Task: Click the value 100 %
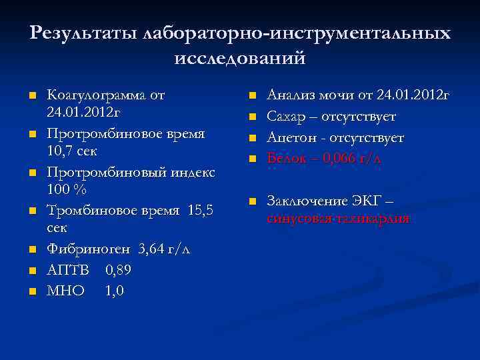[x=67, y=189]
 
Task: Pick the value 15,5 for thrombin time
[x=201, y=211]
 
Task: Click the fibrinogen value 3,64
[x=153, y=249]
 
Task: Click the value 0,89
[x=117, y=270]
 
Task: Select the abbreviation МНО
[x=66, y=291]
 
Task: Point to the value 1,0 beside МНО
[x=114, y=291]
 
